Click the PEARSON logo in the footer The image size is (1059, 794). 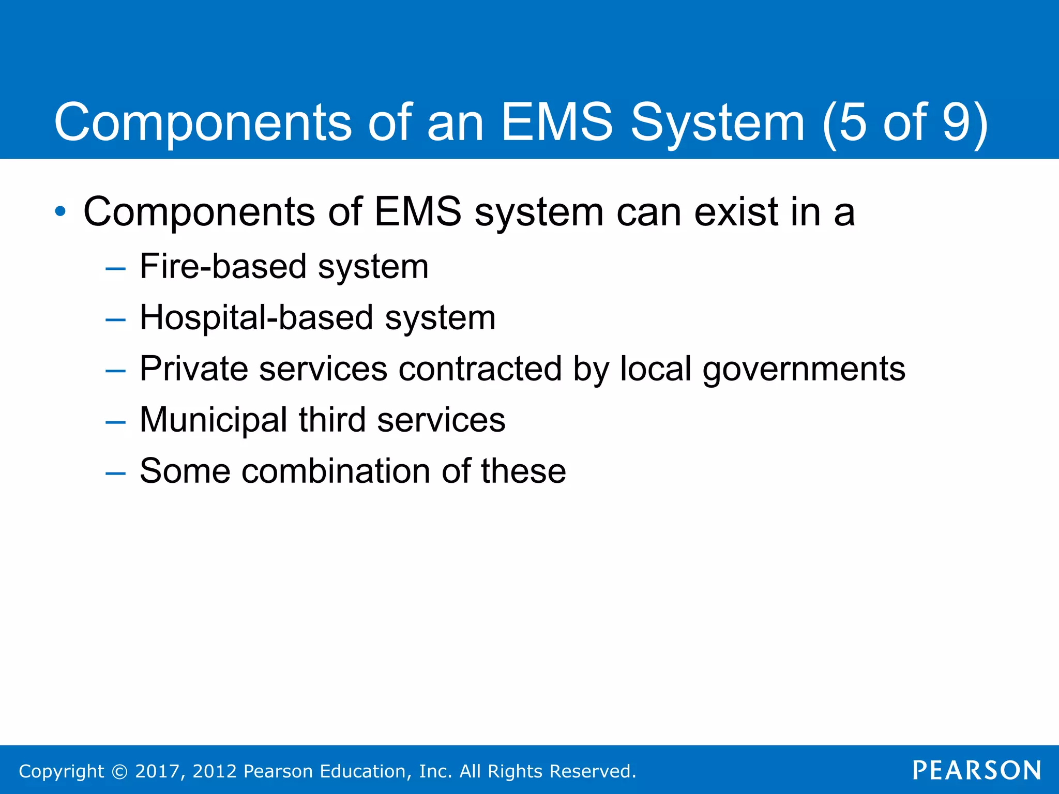tap(977, 770)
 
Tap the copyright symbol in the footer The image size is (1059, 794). tap(119, 771)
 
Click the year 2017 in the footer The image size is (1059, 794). tap(157, 771)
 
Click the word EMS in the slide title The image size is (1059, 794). tap(557, 122)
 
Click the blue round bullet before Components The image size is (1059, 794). tap(60, 211)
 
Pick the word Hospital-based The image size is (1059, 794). tap(256, 317)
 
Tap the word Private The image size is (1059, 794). tap(193, 369)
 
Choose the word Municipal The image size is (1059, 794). tap(213, 420)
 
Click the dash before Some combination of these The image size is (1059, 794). tap(115, 472)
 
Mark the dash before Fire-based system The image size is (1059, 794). tap(115, 268)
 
